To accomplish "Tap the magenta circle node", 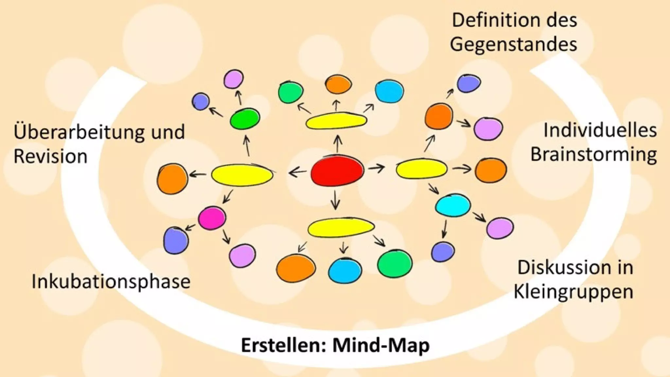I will click(x=212, y=218).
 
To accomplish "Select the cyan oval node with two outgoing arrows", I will click(x=453, y=205).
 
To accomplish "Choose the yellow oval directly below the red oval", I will click(x=341, y=227).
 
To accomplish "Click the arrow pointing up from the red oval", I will click(x=338, y=144).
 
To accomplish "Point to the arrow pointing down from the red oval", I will click(x=335, y=199).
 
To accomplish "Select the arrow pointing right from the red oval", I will click(x=377, y=169).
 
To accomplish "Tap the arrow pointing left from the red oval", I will click(x=297, y=171).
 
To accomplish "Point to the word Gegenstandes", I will click(x=513, y=44).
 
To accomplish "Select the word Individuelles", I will click(x=600, y=130).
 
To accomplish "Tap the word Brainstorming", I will click(x=593, y=154).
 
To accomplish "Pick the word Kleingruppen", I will click(x=573, y=291).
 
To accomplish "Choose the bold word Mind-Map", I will click(x=381, y=345).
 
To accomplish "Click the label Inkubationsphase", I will click(x=111, y=282).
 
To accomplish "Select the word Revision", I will click(x=50, y=156).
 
